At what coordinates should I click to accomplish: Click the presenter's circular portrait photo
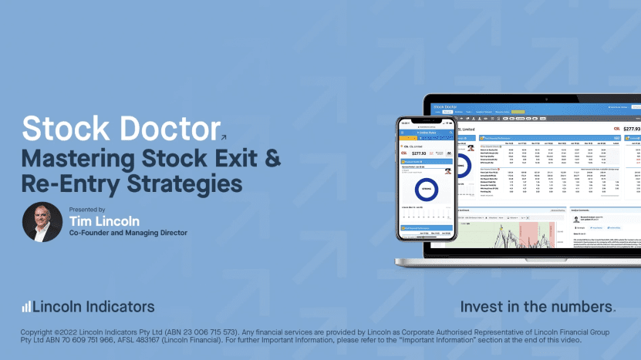click(x=42, y=222)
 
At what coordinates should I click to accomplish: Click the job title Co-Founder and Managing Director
click(x=127, y=233)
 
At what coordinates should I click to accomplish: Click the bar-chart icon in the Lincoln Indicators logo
click(x=26, y=307)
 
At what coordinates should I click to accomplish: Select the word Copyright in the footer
click(x=42, y=332)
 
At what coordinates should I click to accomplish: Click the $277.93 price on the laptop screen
click(x=630, y=129)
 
